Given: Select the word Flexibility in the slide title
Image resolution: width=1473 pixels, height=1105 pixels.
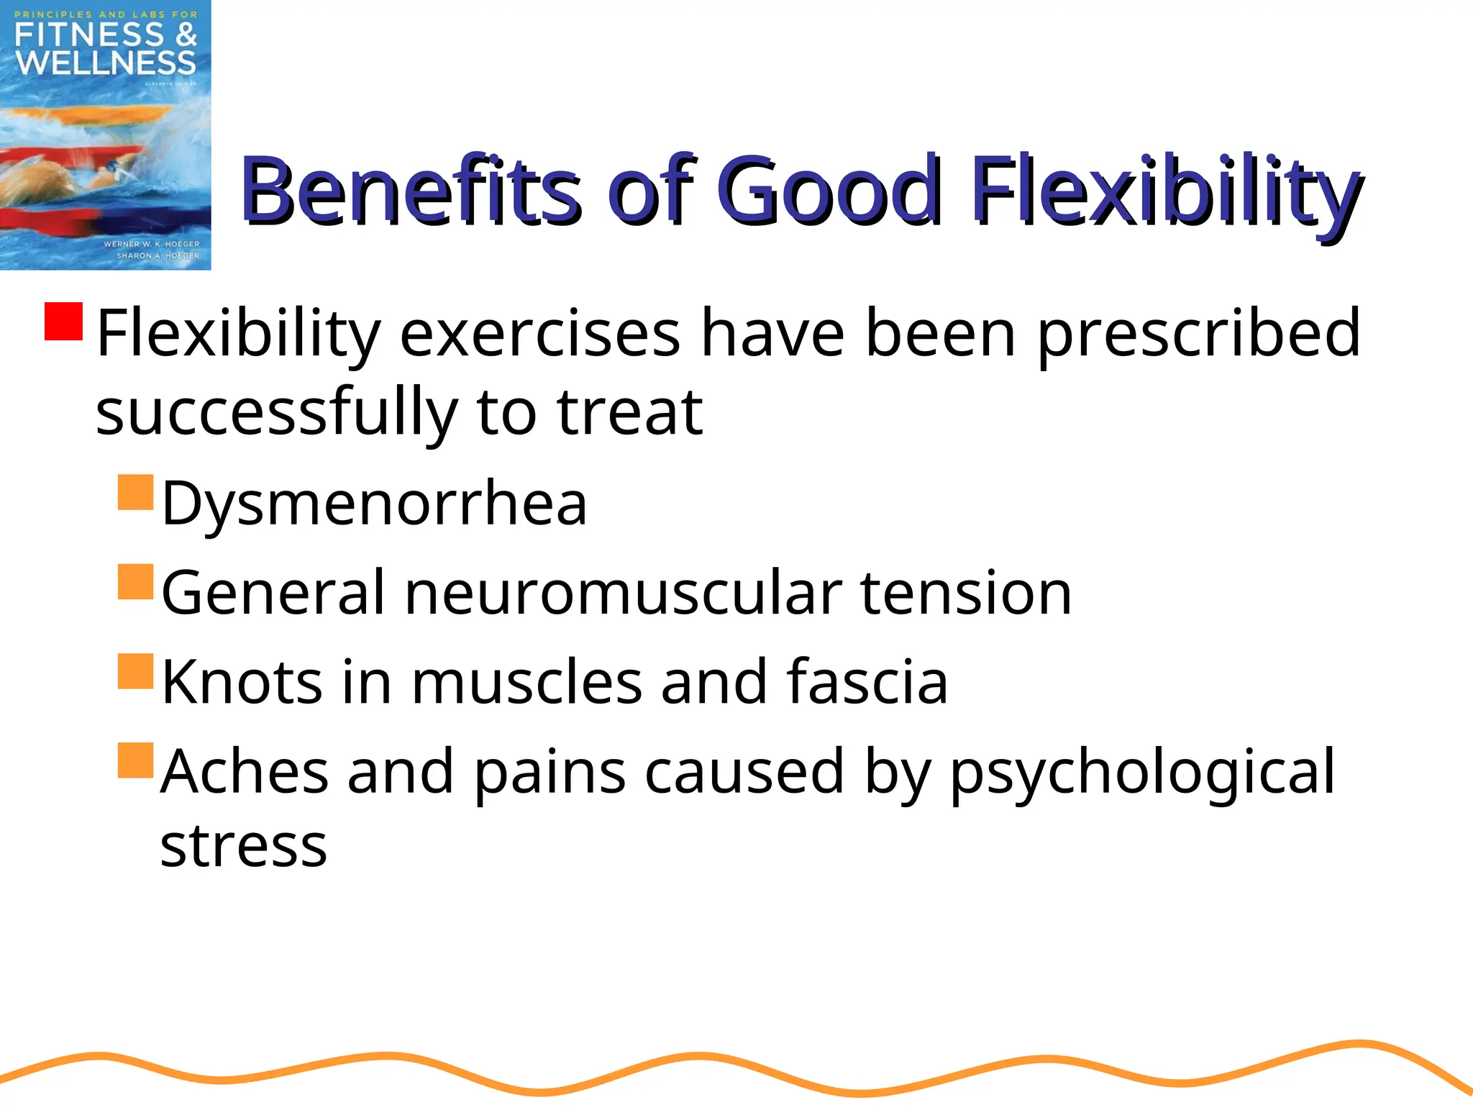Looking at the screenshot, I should (1165, 191).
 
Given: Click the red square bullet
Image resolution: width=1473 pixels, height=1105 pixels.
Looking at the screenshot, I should (64, 321).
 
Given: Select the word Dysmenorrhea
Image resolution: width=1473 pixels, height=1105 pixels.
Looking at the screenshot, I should (374, 503).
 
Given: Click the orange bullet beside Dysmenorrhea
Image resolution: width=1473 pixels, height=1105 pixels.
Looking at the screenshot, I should (136, 492).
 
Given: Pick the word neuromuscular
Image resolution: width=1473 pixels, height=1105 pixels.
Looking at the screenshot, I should (623, 593).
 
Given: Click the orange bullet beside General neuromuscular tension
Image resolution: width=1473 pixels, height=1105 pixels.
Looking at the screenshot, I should (136, 582).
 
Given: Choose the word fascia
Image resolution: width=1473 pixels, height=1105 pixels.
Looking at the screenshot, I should (867, 681).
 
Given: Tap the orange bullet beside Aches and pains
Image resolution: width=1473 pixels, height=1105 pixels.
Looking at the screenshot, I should (136, 760).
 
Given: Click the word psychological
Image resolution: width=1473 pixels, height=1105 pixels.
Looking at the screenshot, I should (1142, 772).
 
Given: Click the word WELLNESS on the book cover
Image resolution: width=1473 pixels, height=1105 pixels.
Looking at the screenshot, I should (106, 63).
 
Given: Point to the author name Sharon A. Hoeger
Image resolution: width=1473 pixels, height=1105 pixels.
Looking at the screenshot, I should (158, 255).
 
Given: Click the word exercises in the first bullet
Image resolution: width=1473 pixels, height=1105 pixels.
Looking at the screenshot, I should (539, 333).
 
